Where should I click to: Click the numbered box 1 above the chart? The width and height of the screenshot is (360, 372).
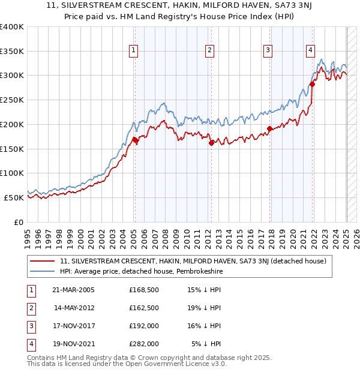coord(133,51)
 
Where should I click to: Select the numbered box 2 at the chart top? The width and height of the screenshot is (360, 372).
coord(209,51)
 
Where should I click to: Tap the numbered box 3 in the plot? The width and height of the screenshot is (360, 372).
coord(268,51)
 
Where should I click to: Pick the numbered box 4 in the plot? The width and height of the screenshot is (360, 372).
coord(310,51)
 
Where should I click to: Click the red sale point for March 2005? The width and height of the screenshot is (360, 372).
coord(135,140)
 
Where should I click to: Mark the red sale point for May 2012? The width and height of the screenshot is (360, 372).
coord(211,143)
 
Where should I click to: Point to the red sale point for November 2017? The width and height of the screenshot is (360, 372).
coord(270,128)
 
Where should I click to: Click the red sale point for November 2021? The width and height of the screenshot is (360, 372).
coord(313,85)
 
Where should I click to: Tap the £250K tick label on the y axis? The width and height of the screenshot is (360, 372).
coord(12,100)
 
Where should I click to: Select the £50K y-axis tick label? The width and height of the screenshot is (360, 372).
coord(14,197)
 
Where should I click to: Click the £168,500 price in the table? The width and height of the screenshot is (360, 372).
coord(144,290)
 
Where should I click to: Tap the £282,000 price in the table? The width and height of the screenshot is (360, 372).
coord(144,344)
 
